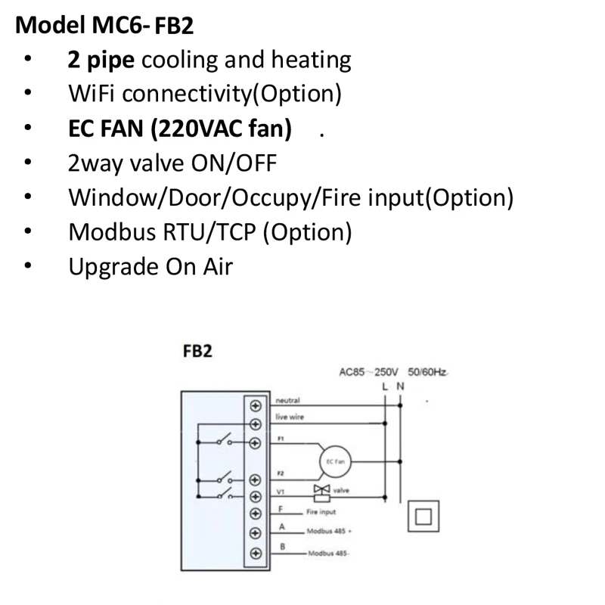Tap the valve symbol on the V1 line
click(x=321, y=492)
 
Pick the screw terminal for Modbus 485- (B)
click(x=255, y=552)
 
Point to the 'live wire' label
click(x=290, y=417)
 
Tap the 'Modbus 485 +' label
click(x=329, y=531)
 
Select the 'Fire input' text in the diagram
click(x=321, y=512)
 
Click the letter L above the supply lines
click(x=385, y=386)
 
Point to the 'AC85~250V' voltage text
click(x=369, y=373)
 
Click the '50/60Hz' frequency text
click(x=427, y=373)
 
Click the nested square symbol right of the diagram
click(x=423, y=517)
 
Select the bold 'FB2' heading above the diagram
click(x=197, y=352)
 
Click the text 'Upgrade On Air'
click(x=150, y=266)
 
